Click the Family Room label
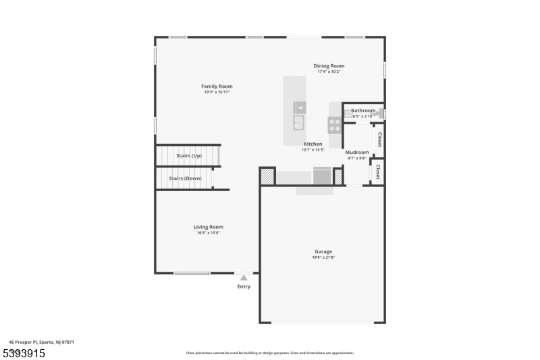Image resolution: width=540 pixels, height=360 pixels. [217, 86]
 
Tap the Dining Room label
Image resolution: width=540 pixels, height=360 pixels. [329, 66]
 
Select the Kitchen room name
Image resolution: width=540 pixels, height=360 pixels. [313, 144]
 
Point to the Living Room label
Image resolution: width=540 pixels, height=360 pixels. [209, 227]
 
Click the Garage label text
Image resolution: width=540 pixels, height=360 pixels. [323, 252]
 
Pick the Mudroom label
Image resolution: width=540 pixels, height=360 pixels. [357, 153]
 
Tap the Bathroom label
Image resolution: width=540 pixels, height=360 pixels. [363, 111]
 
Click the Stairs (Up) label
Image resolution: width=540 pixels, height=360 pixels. [189, 156]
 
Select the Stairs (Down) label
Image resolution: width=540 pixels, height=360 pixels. [186, 178]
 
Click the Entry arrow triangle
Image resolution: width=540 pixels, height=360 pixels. [244, 277]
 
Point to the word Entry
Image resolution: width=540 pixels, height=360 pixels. [244, 286]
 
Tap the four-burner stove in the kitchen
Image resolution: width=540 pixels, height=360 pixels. [334, 124]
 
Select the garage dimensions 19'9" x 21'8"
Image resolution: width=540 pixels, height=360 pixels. [323, 257]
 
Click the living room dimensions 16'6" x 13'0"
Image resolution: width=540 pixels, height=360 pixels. [209, 233]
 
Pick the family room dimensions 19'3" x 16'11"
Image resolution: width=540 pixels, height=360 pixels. [217, 93]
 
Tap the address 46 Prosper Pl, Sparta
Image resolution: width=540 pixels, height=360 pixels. [41, 342]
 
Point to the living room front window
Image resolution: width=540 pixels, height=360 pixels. [192, 273]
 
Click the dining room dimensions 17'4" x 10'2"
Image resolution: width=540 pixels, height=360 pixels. [329, 72]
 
